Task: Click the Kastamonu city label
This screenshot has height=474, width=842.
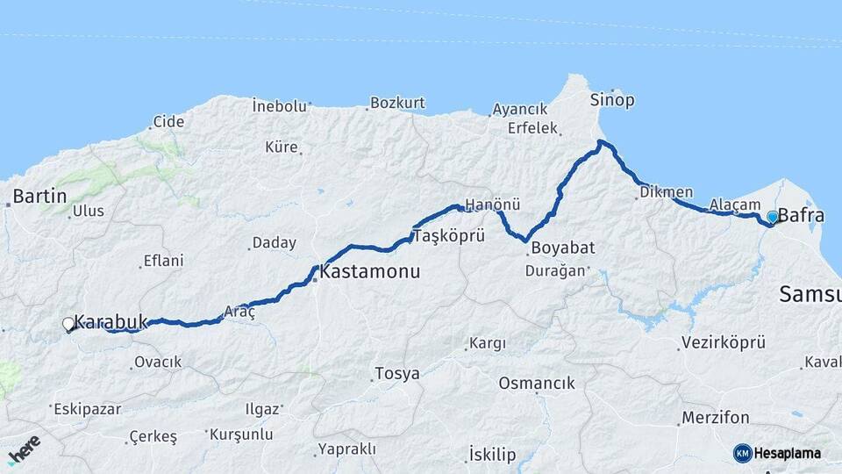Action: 369,272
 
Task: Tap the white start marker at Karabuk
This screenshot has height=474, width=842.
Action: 68,324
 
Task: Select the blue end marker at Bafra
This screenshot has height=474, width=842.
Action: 772,216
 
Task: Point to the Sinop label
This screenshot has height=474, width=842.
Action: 612,99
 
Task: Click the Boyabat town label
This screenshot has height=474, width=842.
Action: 558,248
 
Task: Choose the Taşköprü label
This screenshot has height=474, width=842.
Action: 448,236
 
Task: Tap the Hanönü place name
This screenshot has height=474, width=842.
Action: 492,205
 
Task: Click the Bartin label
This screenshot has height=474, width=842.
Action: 39,196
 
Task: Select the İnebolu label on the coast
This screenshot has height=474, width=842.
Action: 279,105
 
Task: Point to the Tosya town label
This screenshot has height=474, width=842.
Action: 396,374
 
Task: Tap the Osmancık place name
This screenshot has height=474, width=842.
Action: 536,383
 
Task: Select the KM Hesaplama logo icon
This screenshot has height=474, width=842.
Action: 742,453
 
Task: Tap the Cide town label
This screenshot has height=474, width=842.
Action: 168,121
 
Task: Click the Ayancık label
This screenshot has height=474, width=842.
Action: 519,109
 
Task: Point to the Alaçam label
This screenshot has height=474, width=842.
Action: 734,204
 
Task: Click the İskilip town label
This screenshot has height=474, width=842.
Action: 491,454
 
